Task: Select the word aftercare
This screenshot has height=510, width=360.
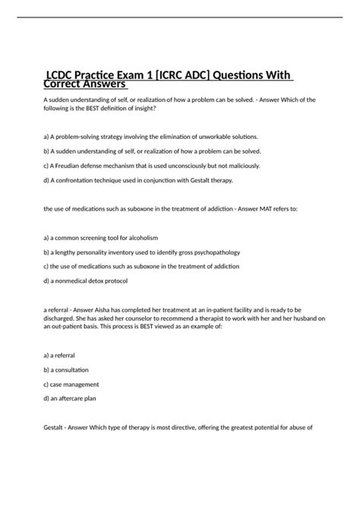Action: pos(74,398)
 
